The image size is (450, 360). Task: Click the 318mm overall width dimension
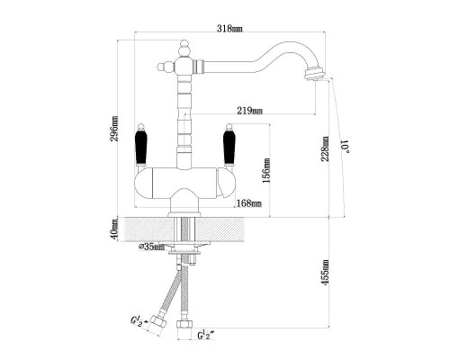coord(229,29)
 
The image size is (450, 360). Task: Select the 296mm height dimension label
coord(114,129)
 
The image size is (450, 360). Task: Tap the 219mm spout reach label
coord(249,111)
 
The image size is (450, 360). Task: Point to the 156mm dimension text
coord(266,171)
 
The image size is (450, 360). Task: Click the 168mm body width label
coord(249,203)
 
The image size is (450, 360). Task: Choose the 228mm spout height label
coord(326,148)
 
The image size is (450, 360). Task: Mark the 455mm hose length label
coord(326,273)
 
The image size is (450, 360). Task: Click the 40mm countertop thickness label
coord(114,229)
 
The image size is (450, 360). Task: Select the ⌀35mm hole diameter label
coord(151,247)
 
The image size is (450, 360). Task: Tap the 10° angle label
coord(346,146)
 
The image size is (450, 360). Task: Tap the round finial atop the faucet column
coord(184,48)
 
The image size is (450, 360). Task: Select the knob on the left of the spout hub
coord(166,67)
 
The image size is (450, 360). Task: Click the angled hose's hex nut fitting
coord(157,324)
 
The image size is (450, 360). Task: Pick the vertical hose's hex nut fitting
coord(184,324)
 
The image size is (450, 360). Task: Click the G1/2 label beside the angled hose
coord(139,321)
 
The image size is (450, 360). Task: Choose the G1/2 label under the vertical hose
coord(206,335)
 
